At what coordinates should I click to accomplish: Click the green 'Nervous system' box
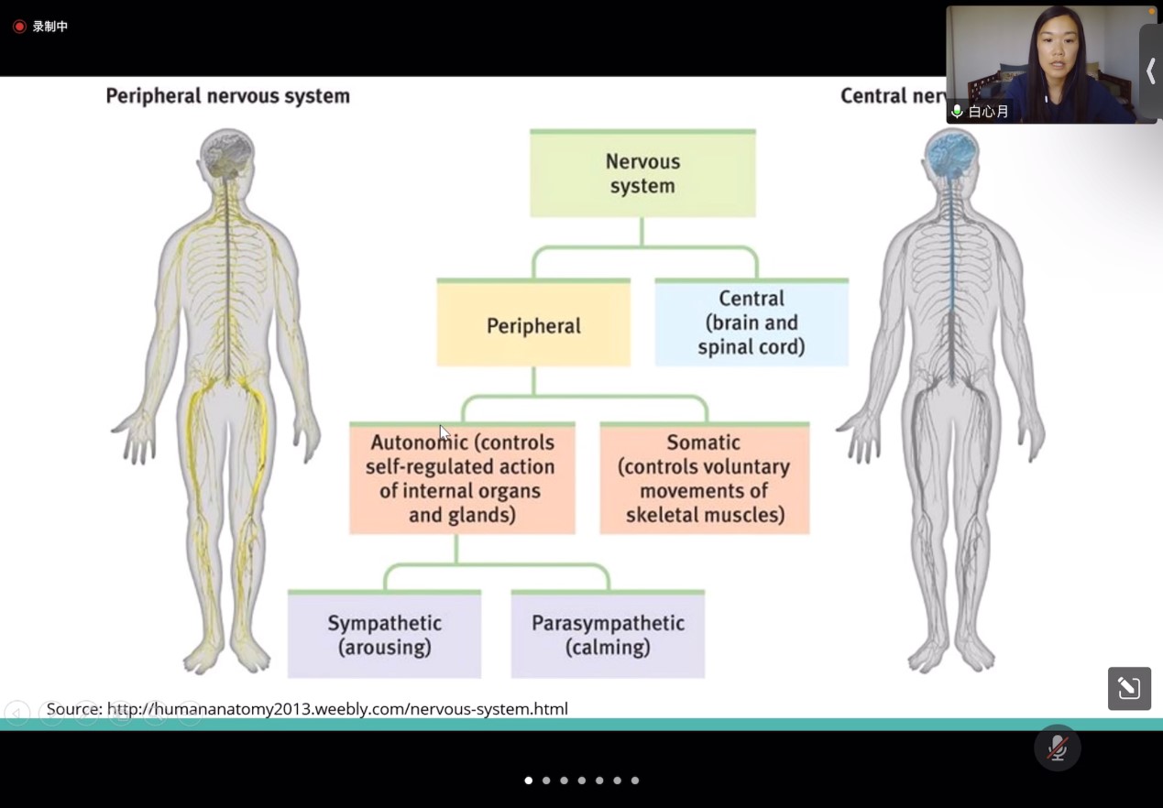(642, 174)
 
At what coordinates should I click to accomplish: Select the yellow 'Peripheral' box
(533, 324)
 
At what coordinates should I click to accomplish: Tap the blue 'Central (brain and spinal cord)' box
(752, 323)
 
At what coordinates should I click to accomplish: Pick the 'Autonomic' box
(462, 479)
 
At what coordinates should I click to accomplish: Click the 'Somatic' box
(705, 479)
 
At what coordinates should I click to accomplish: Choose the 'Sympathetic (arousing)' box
(384, 635)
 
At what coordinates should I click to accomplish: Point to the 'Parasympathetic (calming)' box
(608, 635)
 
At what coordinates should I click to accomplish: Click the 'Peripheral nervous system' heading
(227, 95)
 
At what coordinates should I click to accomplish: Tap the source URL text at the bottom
(307, 708)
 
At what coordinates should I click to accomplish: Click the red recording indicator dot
(19, 27)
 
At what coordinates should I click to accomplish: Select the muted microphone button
(1057, 748)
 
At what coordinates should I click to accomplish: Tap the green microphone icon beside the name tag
(958, 112)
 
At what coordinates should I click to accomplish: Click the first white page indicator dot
(528, 781)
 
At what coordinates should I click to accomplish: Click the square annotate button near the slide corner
(1129, 688)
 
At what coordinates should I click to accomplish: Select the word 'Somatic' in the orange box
(703, 442)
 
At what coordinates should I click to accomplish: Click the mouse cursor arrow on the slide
(444, 432)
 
